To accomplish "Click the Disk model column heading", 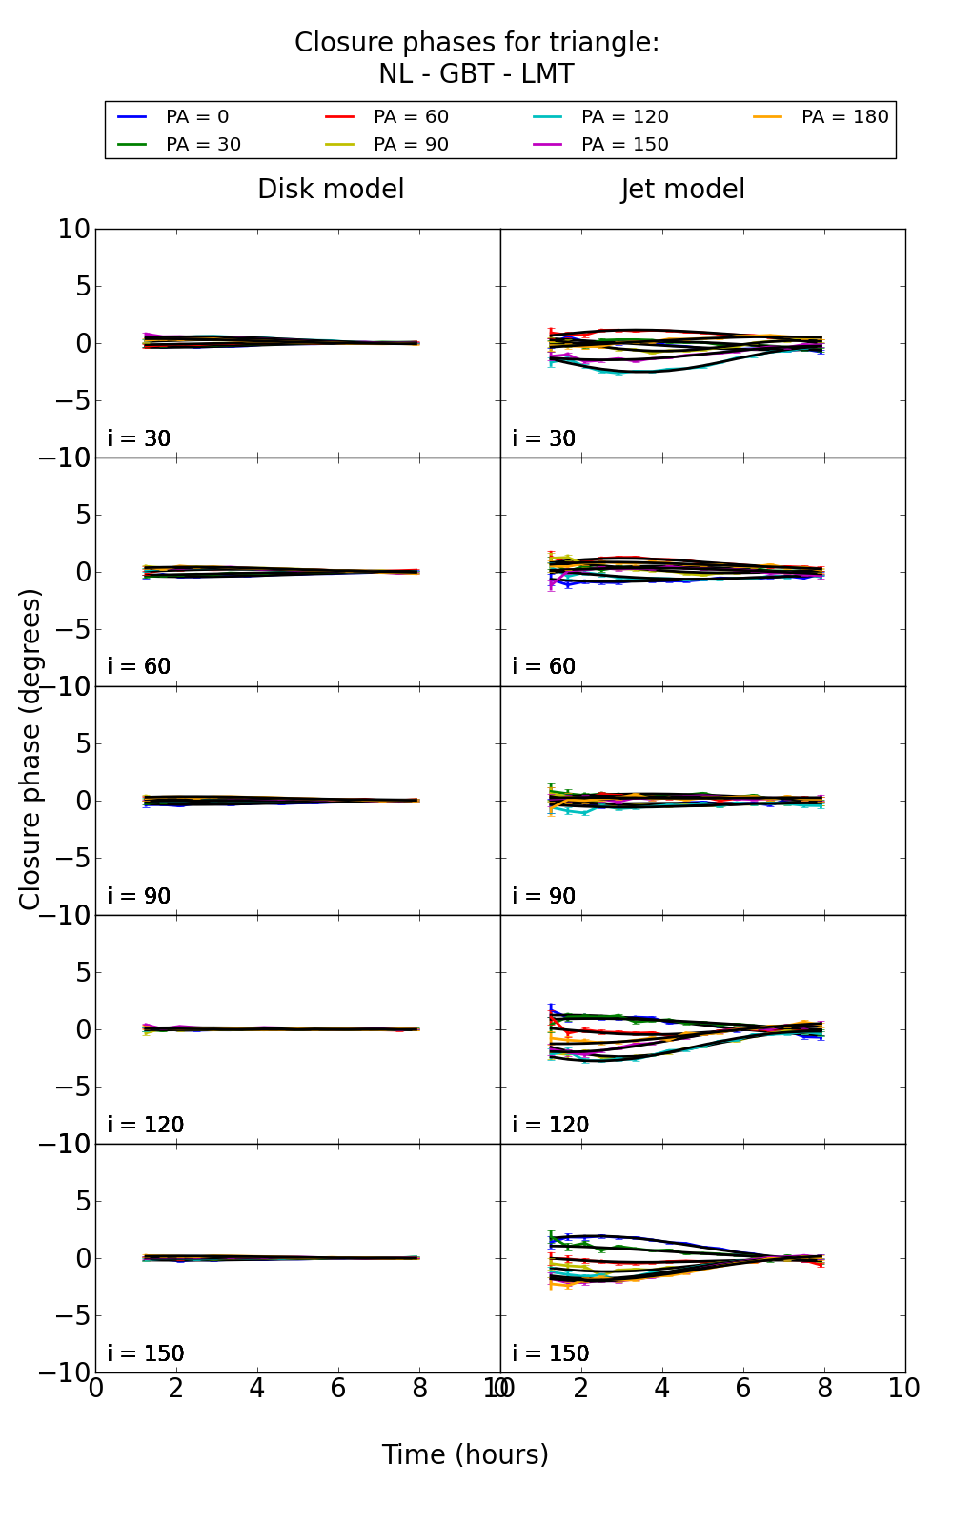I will [331, 190].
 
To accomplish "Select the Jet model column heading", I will [682, 190].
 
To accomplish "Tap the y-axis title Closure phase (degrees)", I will [30, 749].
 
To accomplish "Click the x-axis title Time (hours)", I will [465, 1454].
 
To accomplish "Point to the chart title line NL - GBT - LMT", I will [476, 74].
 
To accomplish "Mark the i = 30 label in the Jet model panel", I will [543, 438].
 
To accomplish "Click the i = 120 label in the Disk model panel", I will [145, 1125].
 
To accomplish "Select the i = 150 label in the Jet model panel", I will [550, 1353].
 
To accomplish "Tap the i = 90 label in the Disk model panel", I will [138, 896].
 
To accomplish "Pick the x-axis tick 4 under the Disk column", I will [257, 1389].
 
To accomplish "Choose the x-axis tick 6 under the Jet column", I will [743, 1389].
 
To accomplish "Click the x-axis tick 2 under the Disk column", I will [176, 1389].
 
